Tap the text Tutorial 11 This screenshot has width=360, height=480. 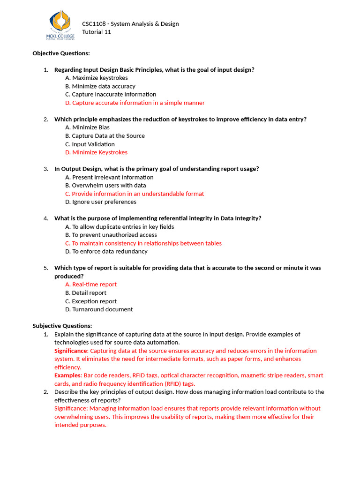(97, 32)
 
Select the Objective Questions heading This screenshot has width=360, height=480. (61, 53)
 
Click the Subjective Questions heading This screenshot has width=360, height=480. (62, 326)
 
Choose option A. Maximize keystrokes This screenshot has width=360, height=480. (97, 78)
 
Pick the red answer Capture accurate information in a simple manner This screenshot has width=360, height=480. (135, 103)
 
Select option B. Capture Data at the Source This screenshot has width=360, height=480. (105, 136)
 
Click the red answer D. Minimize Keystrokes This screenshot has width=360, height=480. (97, 152)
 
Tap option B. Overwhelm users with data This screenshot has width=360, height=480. (105, 186)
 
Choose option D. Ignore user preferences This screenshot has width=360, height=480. (101, 202)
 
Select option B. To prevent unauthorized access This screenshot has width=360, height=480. (111, 235)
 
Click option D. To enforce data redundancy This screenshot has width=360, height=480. (106, 251)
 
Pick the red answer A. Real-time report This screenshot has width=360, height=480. (91, 285)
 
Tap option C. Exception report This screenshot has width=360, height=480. (91, 301)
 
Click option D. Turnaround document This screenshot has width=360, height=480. (99, 309)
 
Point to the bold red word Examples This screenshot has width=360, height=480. (67, 375)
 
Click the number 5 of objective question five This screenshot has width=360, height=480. (46, 268)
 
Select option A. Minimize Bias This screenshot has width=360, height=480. (88, 127)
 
